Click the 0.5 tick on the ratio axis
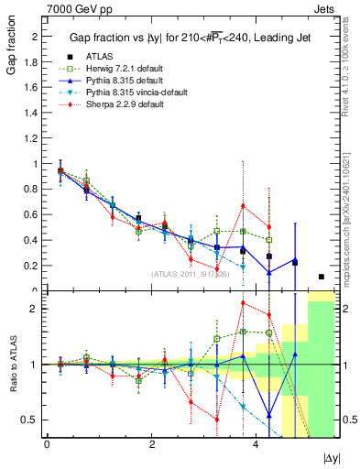31,420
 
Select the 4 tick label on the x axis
255,444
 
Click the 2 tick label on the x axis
150,444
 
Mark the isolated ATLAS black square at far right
321,277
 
